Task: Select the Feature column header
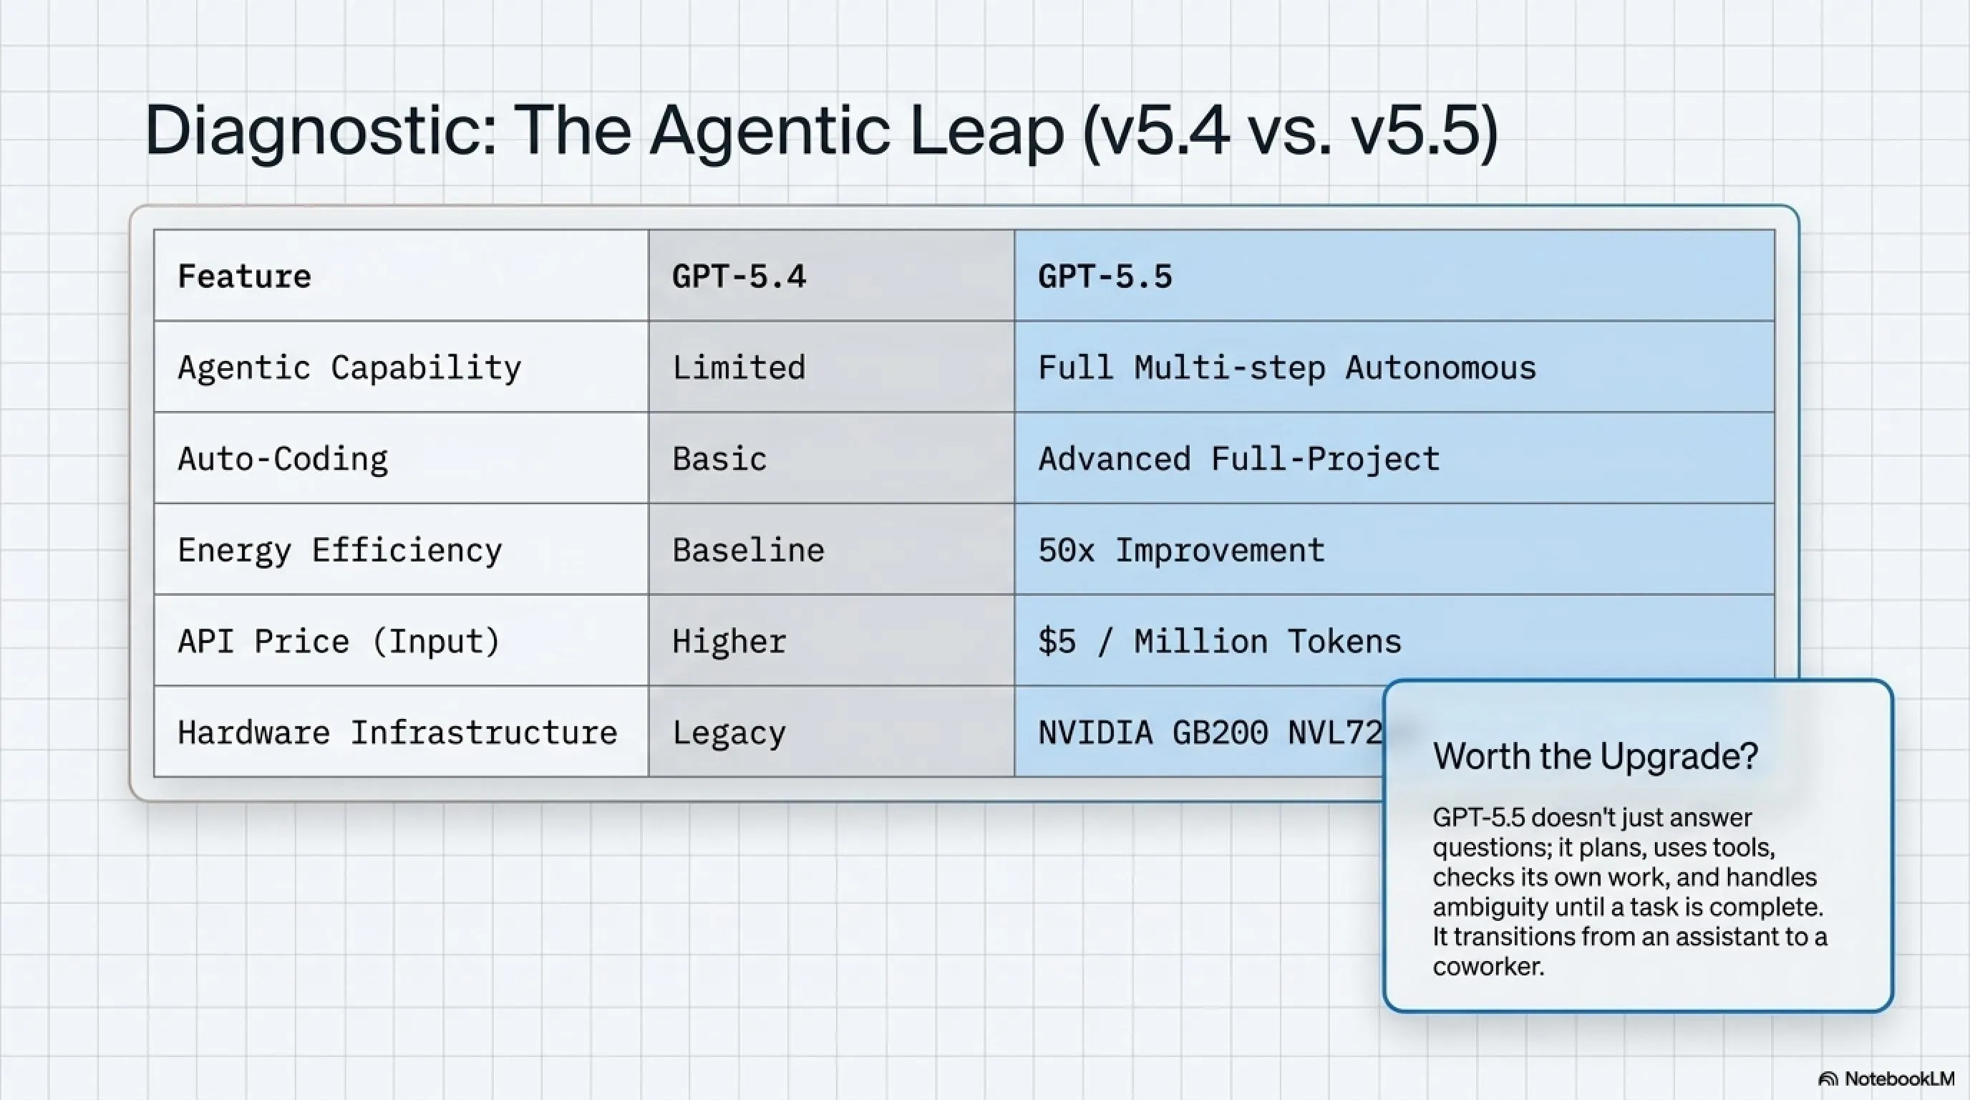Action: click(245, 276)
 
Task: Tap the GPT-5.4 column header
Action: click(739, 276)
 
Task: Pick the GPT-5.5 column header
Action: click(1105, 276)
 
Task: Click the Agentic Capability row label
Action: click(349, 368)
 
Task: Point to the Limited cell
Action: click(739, 367)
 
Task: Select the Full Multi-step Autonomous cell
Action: click(1287, 368)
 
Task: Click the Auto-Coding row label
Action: click(283, 459)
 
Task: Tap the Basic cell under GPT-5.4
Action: click(719, 459)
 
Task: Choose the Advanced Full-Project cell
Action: click(1239, 459)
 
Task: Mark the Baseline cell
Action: click(749, 550)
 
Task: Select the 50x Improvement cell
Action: click(1182, 550)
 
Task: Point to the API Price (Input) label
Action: click(339, 641)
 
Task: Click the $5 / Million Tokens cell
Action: click(1220, 641)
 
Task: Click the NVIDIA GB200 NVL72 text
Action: click(1210, 733)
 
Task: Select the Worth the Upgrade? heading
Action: click(1596, 756)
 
